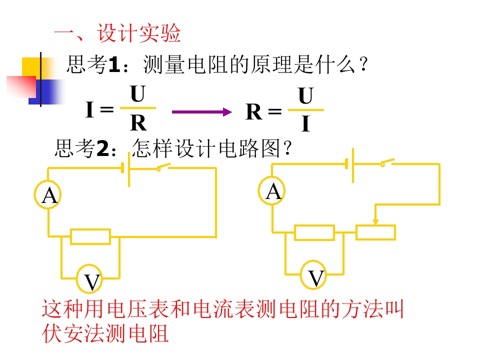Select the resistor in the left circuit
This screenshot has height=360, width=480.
90,236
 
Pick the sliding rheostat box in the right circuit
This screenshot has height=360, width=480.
375,232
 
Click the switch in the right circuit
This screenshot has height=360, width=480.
387,163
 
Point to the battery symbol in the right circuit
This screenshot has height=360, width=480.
349,165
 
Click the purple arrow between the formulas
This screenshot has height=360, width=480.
201,112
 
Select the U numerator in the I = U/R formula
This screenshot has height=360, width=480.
138,94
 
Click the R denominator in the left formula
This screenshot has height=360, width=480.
138,123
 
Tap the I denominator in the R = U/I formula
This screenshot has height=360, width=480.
305,123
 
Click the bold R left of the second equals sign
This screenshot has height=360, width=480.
254,111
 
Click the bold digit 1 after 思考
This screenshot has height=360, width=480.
114,65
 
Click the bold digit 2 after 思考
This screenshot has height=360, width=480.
103,148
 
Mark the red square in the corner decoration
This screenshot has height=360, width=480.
21,87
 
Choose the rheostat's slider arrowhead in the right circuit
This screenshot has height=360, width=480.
375,222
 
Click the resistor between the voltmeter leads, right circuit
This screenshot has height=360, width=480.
314,232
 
